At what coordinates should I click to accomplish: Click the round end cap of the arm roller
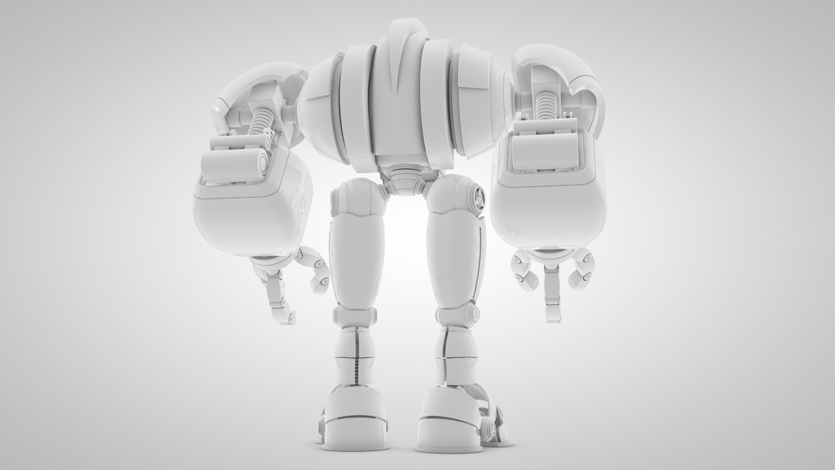click(262, 161)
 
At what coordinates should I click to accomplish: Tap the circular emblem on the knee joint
click(474, 314)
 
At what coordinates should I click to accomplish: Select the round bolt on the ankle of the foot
click(488, 428)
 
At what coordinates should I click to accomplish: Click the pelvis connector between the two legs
click(404, 180)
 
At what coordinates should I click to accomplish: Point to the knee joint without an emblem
click(354, 316)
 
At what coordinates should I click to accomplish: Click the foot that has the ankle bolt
click(451, 421)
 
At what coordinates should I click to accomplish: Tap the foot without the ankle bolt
click(354, 421)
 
